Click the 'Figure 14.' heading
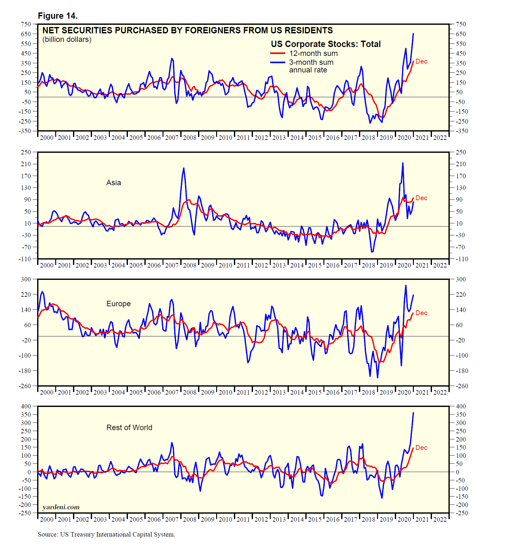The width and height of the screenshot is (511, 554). [57, 16]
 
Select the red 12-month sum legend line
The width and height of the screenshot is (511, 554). [278, 53]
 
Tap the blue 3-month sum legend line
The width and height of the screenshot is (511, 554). [278, 62]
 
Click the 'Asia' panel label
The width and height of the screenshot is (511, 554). [114, 183]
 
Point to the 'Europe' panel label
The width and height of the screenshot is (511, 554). [118, 304]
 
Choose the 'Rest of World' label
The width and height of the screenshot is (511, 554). [129, 428]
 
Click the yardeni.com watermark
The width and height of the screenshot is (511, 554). [61, 507]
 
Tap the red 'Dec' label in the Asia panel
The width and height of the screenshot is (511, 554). [421, 198]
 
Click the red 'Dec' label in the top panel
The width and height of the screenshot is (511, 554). [421, 61]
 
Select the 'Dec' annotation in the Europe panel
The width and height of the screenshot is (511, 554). [421, 313]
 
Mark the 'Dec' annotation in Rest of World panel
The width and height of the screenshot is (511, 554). [421, 448]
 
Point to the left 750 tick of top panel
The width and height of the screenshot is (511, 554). [26, 24]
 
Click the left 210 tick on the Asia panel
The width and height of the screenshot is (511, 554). [26, 164]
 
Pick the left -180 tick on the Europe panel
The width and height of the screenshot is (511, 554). [25, 371]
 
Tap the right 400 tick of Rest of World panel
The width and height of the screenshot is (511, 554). [461, 406]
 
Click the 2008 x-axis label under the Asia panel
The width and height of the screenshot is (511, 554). [190, 265]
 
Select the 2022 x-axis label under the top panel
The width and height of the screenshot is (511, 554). [440, 138]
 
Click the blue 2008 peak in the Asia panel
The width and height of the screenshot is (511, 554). [184, 168]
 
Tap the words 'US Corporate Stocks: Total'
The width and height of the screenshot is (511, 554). [326, 44]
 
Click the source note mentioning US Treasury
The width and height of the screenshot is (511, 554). [106, 534]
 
